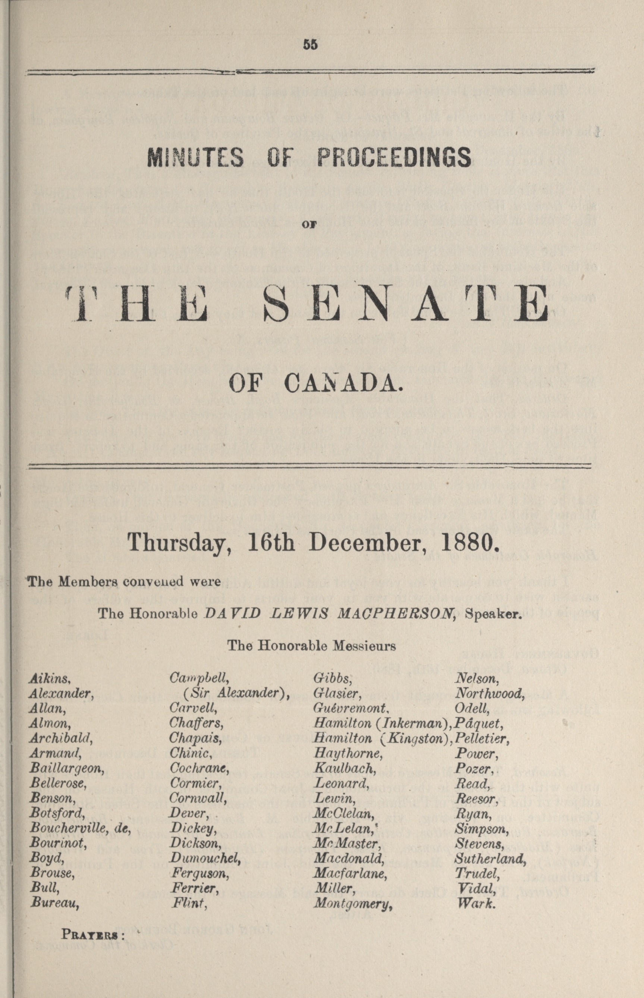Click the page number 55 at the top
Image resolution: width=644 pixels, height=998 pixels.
coord(311,44)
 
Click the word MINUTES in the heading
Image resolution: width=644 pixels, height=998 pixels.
coord(195,157)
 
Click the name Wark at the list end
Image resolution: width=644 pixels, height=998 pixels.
coord(476,904)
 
